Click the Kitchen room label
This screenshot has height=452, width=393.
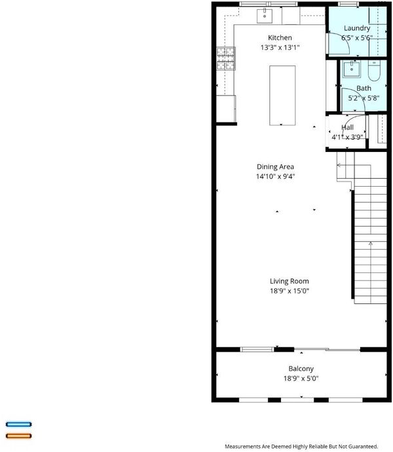click(x=280, y=38)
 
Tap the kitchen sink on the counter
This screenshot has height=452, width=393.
click(x=265, y=16)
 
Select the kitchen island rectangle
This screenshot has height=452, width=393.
click(x=282, y=96)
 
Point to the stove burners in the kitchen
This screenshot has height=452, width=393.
click(x=226, y=58)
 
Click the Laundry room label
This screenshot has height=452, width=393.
click(x=357, y=28)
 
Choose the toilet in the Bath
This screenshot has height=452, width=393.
click(x=374, y=71)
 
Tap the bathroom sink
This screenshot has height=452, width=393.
click(x=352, y=69)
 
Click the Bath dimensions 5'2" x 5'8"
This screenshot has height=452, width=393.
click(x=364, y=98)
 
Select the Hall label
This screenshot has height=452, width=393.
click(x=347, y=128)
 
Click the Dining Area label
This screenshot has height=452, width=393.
click(x=275, y=166)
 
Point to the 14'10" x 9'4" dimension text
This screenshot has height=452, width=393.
click(x=275, y=176)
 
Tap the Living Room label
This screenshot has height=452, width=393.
click(x=290, y=281)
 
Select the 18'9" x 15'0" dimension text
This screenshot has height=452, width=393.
click(x=290, y=291)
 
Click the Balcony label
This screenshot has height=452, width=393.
click(x=301, y=369)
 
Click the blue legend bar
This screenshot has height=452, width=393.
click(x=19, y=424)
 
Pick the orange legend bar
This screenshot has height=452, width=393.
click(x=19, y=436)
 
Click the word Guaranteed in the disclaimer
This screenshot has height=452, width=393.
click(x=363, y=447)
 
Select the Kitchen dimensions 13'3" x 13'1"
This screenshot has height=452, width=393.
click(x=280, y=48)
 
